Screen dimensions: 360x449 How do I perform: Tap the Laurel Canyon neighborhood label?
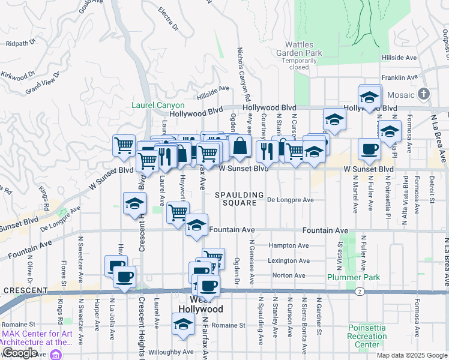pos(158,106)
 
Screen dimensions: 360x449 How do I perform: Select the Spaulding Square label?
pos(240,199)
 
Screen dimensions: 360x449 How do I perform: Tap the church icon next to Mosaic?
pos(424,94)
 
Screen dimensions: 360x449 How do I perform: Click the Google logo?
pos(20,353)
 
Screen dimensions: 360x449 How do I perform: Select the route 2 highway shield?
pos(358,292)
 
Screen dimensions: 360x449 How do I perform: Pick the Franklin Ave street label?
pos(399,77)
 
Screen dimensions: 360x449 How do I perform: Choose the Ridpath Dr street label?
pos(20,43)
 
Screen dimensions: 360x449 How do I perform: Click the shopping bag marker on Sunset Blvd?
pos(240,146)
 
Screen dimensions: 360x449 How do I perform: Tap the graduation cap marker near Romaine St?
pos(183,325)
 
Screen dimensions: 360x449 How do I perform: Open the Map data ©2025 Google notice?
pos(411,355)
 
